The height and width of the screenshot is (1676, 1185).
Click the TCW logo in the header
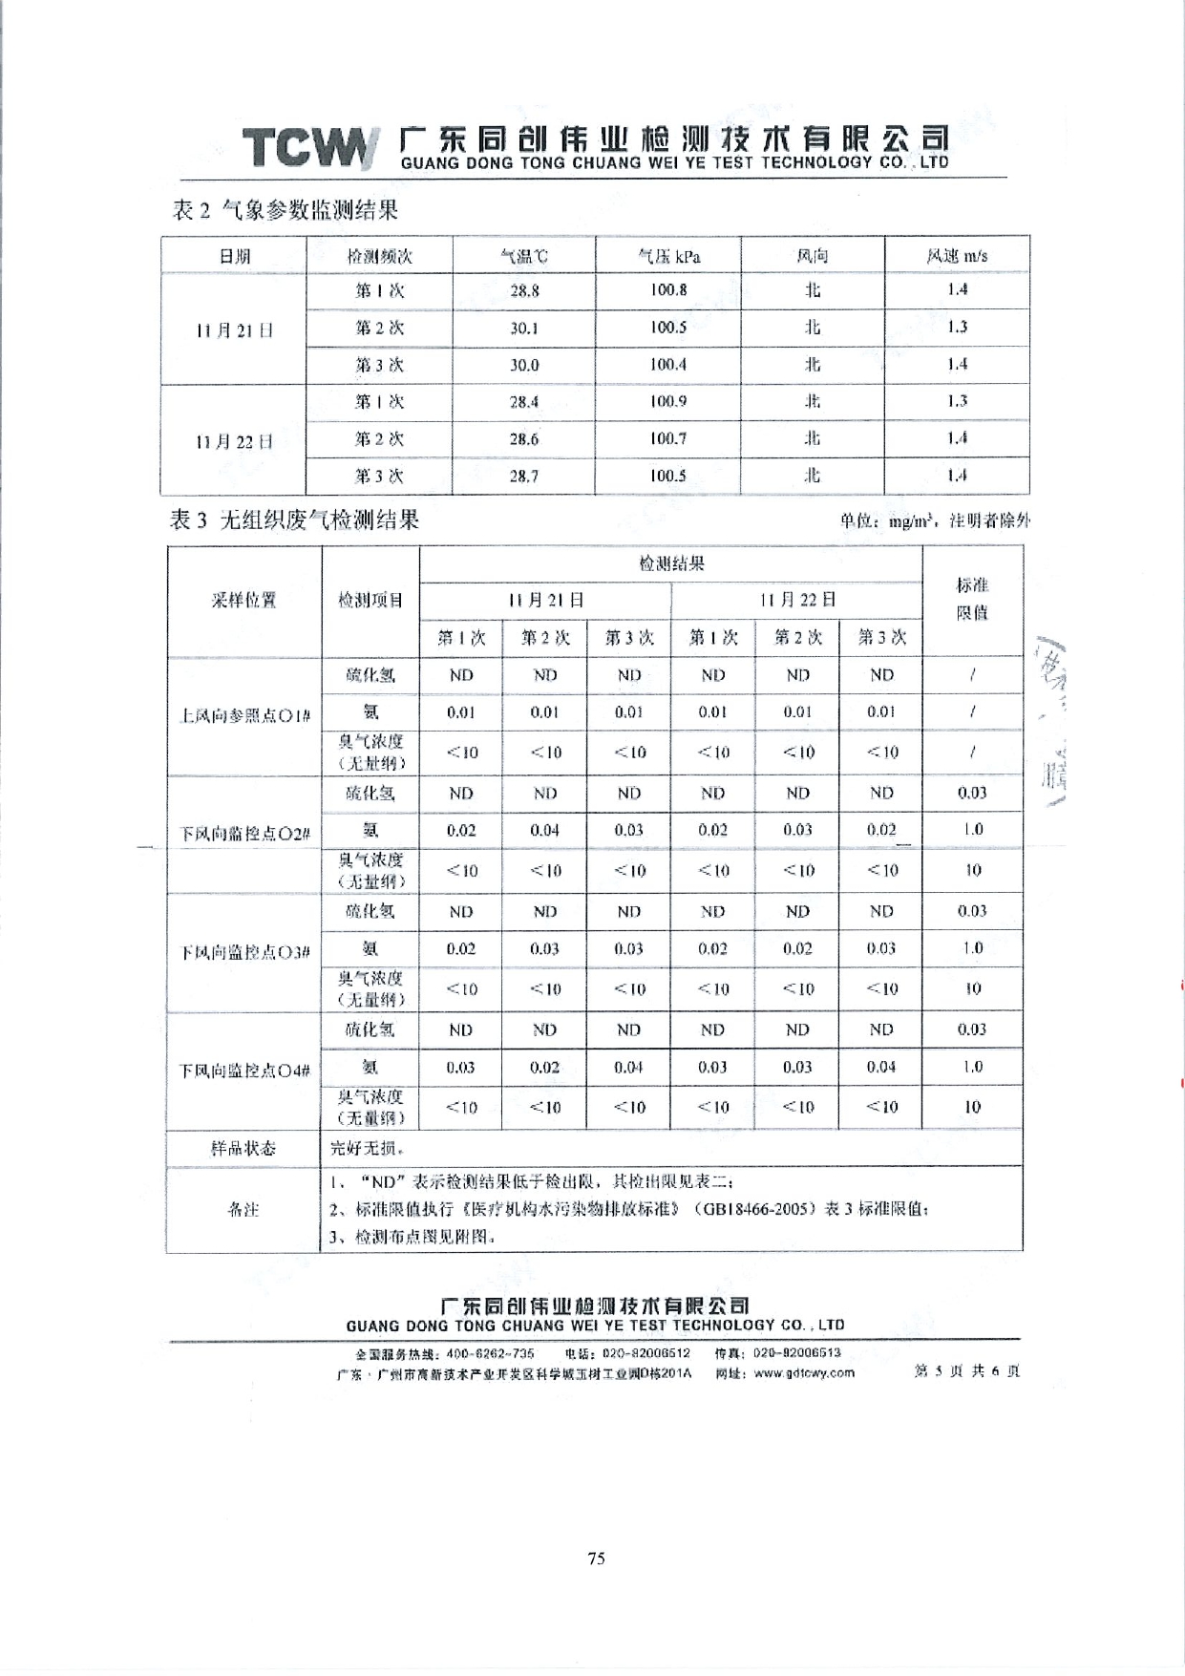307,148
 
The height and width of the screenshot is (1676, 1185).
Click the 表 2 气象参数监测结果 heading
285,210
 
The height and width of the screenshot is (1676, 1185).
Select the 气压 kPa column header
668,256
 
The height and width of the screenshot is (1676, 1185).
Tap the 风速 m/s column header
957,256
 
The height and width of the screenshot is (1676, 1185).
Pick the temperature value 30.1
523,328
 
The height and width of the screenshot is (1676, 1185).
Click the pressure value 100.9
668,401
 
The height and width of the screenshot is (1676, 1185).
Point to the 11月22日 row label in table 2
234,441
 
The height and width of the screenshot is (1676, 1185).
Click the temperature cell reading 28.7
523,476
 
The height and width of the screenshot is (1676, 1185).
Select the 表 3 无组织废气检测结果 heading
294,520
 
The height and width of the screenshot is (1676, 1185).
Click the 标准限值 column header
972,599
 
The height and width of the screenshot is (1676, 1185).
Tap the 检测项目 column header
370,600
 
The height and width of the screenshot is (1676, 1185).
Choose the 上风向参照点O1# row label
244,715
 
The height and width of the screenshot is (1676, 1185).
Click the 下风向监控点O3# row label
244,952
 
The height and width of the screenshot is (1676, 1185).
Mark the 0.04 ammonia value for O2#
544,830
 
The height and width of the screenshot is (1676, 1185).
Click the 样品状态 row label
243,1148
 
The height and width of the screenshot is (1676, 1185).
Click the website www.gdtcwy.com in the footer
804,1372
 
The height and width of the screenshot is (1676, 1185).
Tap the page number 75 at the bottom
596,1559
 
